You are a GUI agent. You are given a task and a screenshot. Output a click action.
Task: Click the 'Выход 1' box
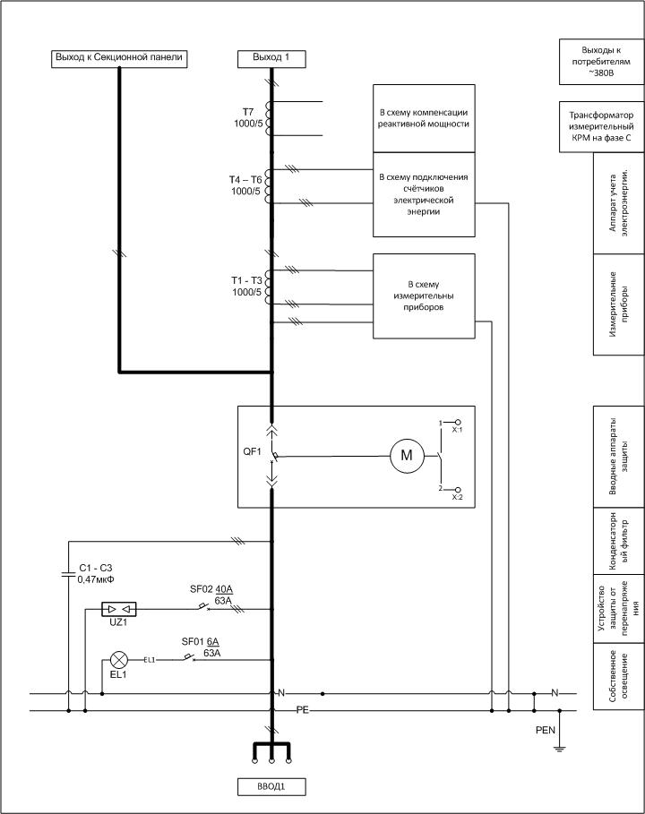tap(271, 58)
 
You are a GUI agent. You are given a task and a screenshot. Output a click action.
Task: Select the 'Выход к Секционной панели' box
tap(119, 58)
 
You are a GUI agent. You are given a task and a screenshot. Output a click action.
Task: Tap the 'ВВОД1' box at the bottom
tap(271, 788)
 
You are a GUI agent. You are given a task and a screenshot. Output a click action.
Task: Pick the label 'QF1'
tap(252, 452)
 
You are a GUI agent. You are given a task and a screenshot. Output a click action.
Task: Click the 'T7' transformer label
tap(248, 112)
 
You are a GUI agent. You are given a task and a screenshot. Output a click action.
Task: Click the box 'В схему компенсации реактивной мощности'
tap(424, 119)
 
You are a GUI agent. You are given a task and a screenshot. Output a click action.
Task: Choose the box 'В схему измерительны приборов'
tap(424, 296)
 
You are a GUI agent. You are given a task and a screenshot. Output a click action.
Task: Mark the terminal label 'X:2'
tap(457, 496)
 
